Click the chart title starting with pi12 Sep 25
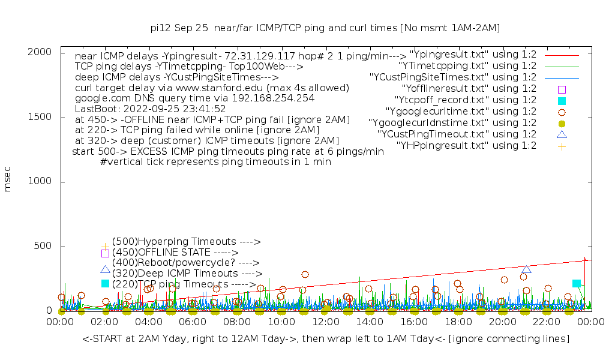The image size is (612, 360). coord(325,28)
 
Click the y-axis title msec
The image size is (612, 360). coord(8,178)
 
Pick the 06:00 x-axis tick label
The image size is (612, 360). coord(193,322)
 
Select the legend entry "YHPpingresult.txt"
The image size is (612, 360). coord(466,145)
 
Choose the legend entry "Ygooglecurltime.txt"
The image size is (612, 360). coord(461,111)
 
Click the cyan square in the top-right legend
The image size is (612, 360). coord(562,100)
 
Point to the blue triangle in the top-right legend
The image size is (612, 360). coord(562,134)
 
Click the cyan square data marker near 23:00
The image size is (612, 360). coord(577,283)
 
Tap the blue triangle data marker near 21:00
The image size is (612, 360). coord(526,269)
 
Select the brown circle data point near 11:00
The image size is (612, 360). coord(305,274)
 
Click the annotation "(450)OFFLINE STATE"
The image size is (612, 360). coord(175,253)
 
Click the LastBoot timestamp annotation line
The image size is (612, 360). coord(150,109)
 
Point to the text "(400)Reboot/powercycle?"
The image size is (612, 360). coord(185,263)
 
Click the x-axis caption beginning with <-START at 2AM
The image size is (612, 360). coord(326,339)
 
